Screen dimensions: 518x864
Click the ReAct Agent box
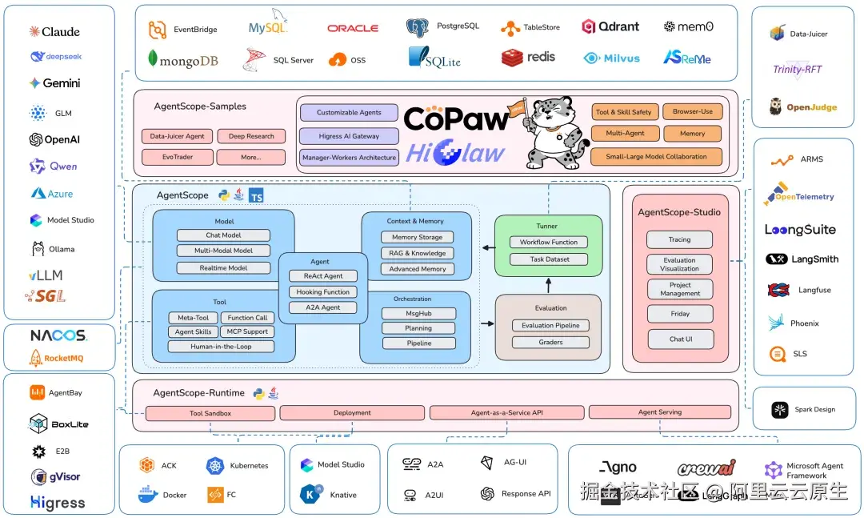[323, 276]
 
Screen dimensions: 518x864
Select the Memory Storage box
[417, 237]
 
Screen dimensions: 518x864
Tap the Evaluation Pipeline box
[550, 325]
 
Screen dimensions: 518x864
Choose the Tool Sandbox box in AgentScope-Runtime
[210, 413]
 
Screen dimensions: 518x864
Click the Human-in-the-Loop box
[221, 347]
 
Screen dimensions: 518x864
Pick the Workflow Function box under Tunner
[548, 242]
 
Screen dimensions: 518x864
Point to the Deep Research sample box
[250, 136]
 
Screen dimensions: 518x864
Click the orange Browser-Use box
[692, 112]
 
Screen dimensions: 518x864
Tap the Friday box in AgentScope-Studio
[679, 314]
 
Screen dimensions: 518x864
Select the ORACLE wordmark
[353, 28]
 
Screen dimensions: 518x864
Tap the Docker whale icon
[148, 495]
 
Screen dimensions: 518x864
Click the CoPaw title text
[455, 119]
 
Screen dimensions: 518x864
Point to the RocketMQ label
[58, 358]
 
